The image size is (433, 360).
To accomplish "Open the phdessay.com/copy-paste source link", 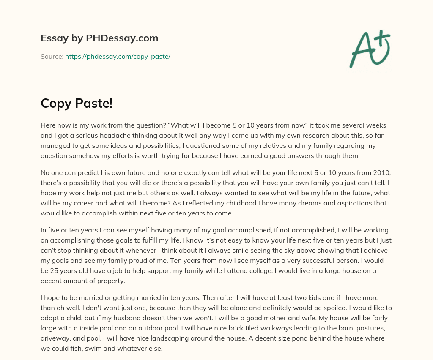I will point(118,56).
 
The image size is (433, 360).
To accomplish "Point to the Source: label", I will point(52,56).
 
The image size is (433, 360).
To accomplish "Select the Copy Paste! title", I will point(77,103).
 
